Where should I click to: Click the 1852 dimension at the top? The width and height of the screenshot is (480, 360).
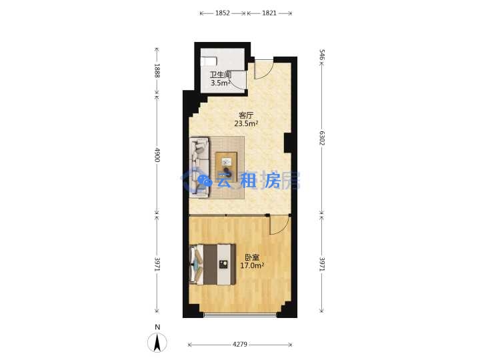point(223,13)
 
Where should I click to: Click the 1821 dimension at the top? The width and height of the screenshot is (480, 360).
point(269,13)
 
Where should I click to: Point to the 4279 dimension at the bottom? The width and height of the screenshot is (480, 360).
point(240,345)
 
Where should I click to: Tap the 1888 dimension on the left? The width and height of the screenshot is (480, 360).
point(157,71)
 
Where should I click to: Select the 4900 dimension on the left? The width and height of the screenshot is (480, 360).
point(157,155)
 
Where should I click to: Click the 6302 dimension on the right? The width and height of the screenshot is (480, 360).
point(322,138)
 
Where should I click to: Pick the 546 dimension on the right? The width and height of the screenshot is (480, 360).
point(322,55)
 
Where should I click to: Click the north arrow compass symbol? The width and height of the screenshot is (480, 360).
point(157,341)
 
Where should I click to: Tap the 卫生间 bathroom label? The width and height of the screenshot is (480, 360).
point(220,75)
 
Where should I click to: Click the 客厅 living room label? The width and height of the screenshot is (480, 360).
point(246,116)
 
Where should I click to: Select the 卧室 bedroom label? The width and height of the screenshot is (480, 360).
point(252,257)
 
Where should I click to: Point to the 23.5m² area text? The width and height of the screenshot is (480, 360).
point(246,124)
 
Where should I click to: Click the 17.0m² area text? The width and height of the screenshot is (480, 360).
point(252,265)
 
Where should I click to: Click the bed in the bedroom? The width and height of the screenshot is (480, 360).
point(213,264)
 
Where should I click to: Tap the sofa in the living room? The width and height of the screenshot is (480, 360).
point(199,167)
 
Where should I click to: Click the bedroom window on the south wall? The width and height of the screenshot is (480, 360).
point(240,315)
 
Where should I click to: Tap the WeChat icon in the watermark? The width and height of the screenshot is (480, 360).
point(205,181)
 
